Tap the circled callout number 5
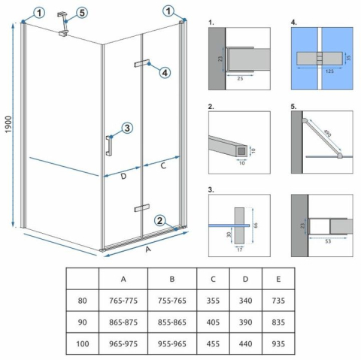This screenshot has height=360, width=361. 82,12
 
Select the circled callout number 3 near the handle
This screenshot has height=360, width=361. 127,129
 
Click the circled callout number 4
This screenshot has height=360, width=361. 164,72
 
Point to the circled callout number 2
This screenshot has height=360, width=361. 159,220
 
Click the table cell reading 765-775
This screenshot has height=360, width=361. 122,301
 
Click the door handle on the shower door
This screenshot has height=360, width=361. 110,144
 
